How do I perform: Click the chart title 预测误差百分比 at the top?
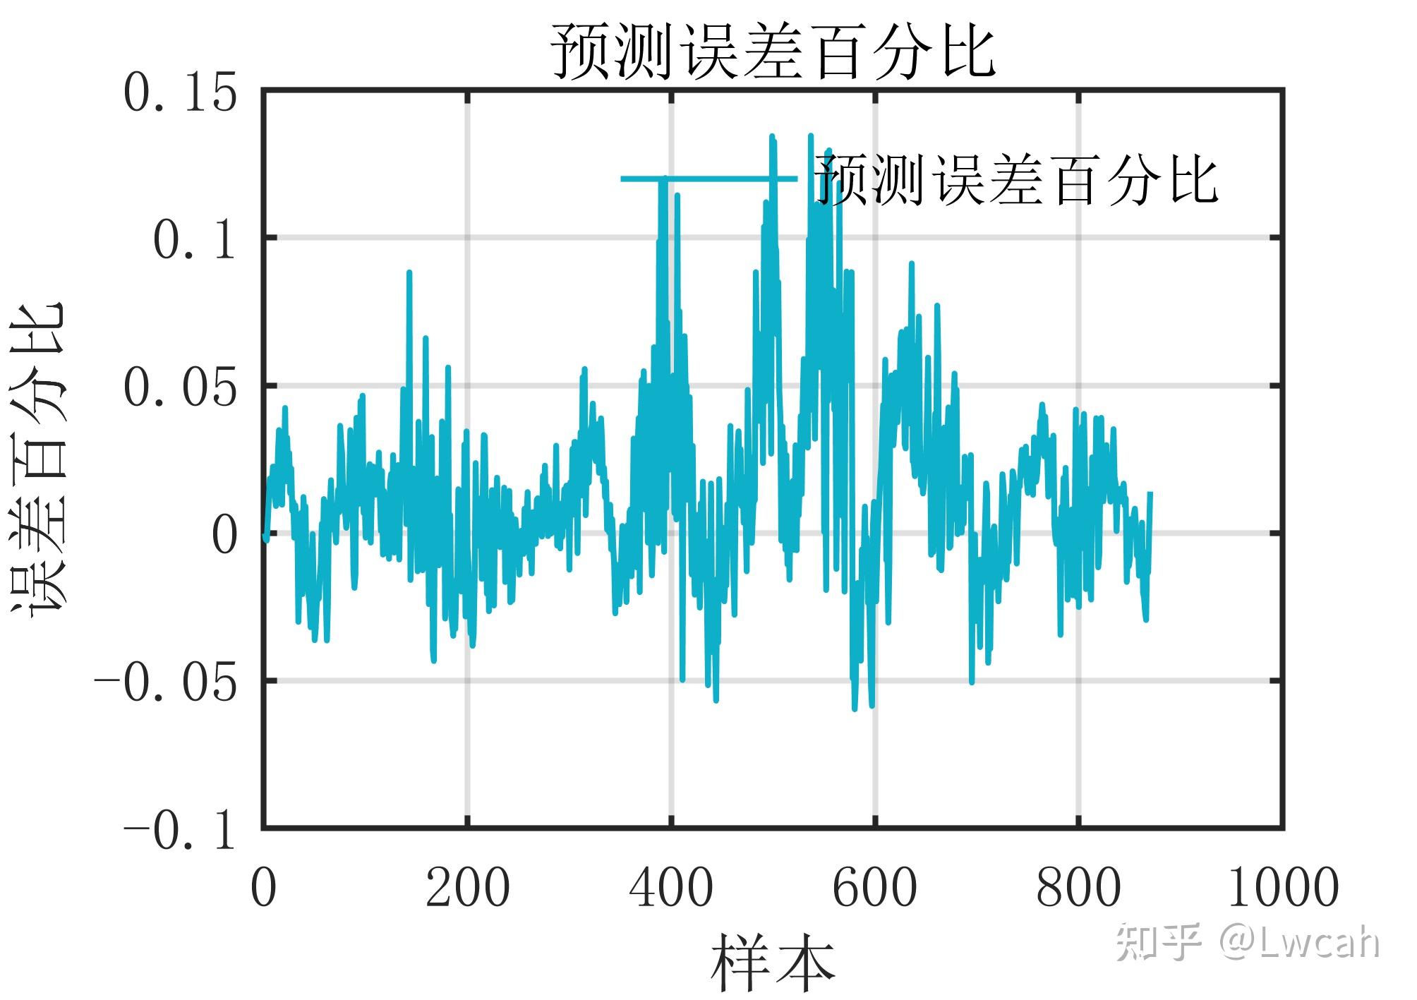(x=772, y=51)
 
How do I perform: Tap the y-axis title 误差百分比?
(x=39, y=459)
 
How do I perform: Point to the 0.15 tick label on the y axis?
(x=180, y=95)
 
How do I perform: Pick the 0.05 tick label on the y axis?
(x=180, y=389)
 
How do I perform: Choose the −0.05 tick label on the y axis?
(x=166, y=683)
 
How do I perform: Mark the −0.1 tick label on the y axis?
(x=180, y=831)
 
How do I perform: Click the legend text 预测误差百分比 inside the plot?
(x=1016, y=179)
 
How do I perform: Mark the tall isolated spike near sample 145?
(x=409, y=274)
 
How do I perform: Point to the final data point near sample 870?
(x=1150, y=493)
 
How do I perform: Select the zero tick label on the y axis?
(x=224, y=536)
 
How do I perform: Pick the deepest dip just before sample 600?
(x=855, y=708)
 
